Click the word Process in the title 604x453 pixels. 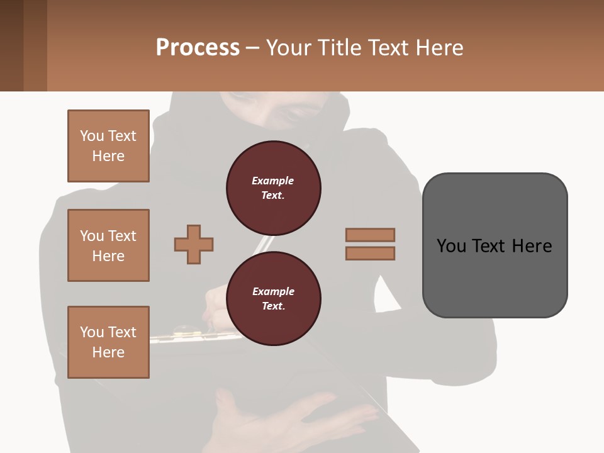pos(198,48)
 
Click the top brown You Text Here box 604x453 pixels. pos(108,146)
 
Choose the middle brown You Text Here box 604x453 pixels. pos(108,245)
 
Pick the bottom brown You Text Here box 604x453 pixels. pos(108,342)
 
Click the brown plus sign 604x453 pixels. pos(194,244)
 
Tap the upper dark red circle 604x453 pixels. pos(274,188)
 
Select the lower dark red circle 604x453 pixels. pos(274,299)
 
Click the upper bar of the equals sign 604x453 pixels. pos(370,235)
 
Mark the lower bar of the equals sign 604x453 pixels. pos(370,254)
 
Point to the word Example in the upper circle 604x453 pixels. pos(273,181)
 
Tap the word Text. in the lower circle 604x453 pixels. pos(273,306)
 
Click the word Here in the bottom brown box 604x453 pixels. pos(108,352)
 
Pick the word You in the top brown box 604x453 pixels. pos(92,136)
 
